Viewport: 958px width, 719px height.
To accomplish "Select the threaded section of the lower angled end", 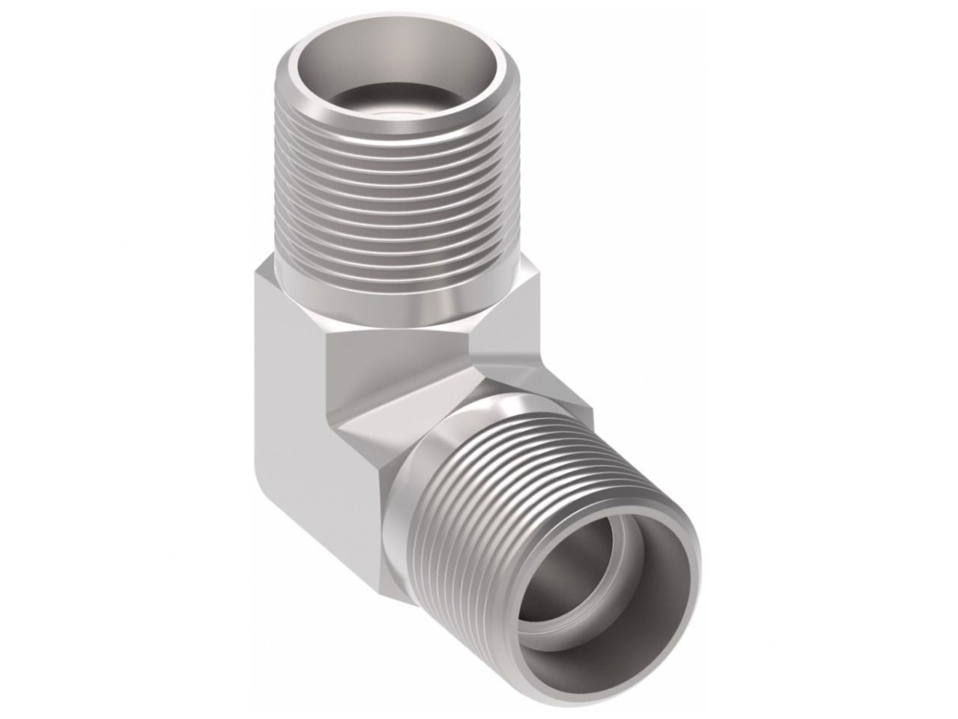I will pyautogui.click(x=524, y=479).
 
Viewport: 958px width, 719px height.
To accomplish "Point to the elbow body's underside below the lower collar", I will pyautogui.click(x=360, y=554).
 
